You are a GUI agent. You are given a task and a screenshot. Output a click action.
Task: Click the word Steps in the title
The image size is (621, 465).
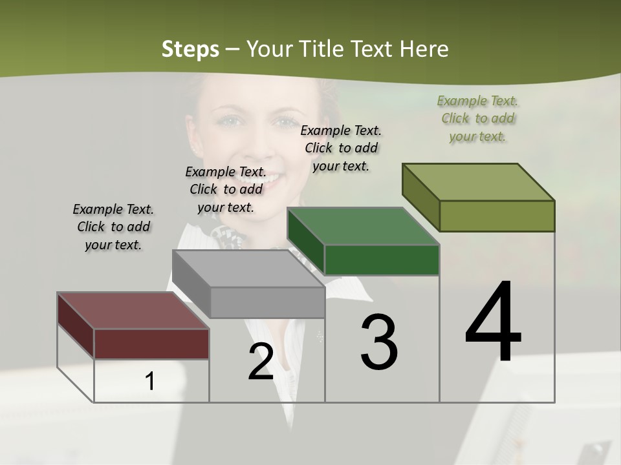[x=190, y=49]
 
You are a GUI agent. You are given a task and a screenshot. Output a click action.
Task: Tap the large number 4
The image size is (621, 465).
[x=493, y=323]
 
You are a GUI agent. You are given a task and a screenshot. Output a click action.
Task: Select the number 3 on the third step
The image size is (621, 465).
[x=379, y=342]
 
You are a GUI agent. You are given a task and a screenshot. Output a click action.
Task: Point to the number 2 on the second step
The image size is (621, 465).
[x=261, y=362]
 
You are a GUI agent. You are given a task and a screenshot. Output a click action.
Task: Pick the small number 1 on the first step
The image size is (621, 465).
[x=150, y=381]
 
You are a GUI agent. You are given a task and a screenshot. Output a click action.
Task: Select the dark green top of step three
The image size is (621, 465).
[x=363, y=227]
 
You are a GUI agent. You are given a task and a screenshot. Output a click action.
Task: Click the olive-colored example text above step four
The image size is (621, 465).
[x=478, y=118]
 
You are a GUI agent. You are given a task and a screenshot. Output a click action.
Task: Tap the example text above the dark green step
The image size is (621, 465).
[x=341, y=148]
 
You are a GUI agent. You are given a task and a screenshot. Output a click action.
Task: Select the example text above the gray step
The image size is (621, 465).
[x=226, y=189]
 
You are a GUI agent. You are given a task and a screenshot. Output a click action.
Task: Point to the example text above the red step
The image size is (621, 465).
[x=113, y=227]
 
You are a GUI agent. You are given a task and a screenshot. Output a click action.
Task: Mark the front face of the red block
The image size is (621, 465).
[x=151, y=344]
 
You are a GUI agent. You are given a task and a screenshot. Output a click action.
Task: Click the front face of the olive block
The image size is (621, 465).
[x=497, y=216]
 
